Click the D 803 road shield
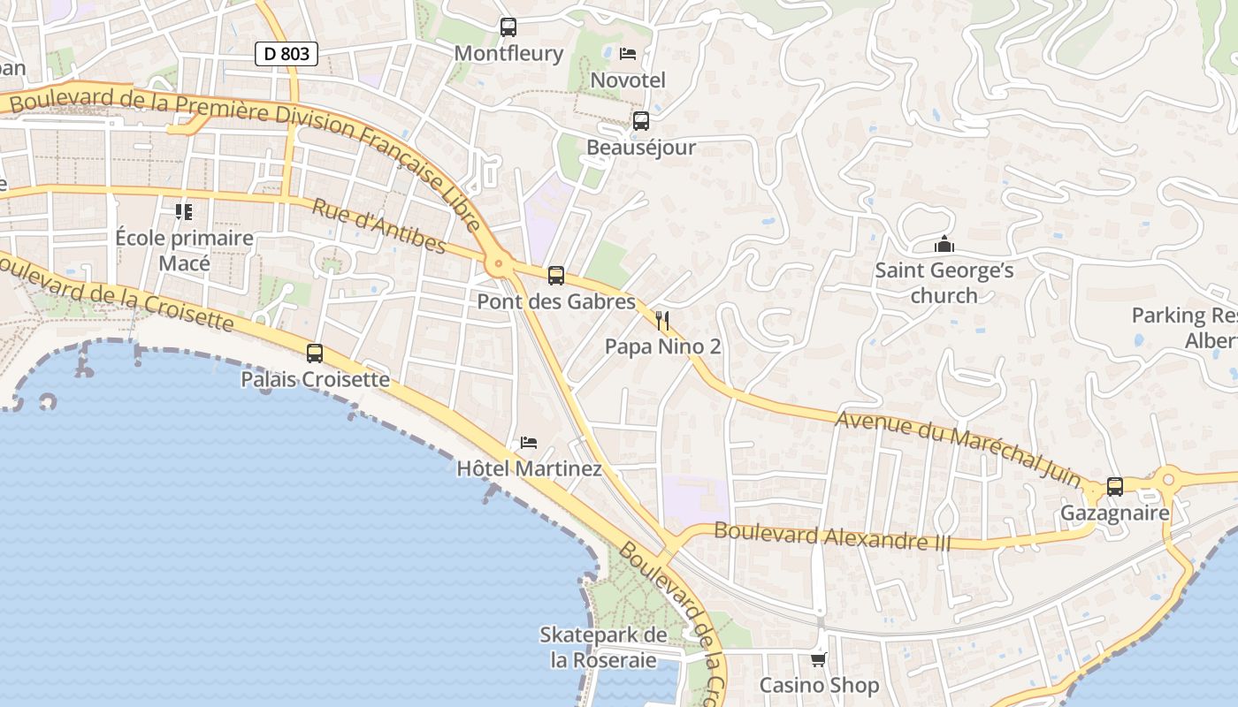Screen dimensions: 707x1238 [x=286, y=54]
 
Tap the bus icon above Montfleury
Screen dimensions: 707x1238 [x=508, y=27]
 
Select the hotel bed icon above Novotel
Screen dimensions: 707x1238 [x=628, y=54]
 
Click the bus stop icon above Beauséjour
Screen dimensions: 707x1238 [x=641, y=121]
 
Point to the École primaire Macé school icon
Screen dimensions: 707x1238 [x=184, y=212]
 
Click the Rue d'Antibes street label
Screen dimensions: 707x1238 [x=378, y=226]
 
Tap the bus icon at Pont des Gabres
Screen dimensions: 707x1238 [x=556, y=276]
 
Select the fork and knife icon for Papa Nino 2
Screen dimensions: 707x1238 [x=662, y=320]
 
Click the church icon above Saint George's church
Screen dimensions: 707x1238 [x=944, y=244]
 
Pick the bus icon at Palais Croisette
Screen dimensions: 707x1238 [x=315, y=353]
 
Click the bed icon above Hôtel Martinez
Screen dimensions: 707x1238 [x=529, y=443]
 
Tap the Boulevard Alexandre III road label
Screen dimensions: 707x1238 [x=832, y=536]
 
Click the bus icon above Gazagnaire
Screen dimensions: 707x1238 [x=1115, y=487]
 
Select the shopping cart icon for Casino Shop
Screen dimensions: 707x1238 [x=819, y=659]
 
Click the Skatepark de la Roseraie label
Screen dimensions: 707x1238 [x=604, y=648]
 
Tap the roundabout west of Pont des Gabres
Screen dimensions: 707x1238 [x=500, y=262]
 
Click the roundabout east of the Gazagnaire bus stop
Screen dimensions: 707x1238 [x=1171, y=479]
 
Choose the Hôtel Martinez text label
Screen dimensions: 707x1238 [x=529, y=469]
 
